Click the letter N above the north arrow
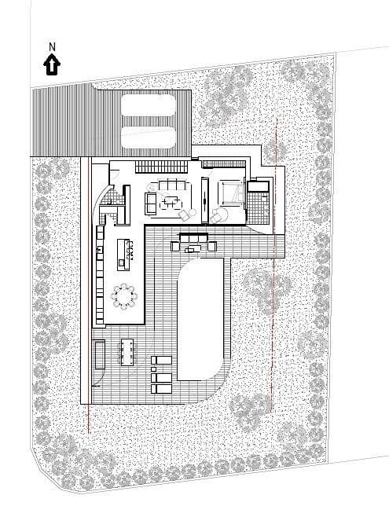pos(53,46)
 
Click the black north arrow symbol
pos(53,64)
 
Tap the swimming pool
pos(203,320)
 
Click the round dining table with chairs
pos(124,296)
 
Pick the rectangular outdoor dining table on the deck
pos(128,351)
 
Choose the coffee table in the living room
pos(169,200)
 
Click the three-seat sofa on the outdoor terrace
pos(192,236)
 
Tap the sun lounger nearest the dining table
pos(161,361)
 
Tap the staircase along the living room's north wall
pos(160,167)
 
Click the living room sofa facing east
pos(151,203)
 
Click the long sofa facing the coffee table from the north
pos(171,185)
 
